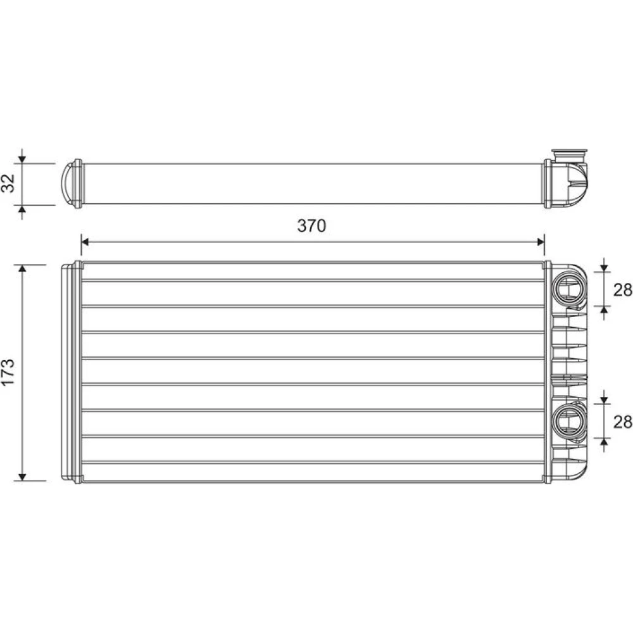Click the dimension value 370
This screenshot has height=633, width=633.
311,226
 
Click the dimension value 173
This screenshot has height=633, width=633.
8,372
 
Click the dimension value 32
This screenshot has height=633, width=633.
8,183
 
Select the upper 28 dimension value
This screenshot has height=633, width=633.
622,289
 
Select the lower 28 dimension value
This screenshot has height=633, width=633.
622,422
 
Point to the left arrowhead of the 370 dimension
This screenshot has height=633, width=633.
85,242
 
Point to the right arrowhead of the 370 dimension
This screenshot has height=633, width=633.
540,242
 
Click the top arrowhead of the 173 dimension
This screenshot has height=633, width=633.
23,269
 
